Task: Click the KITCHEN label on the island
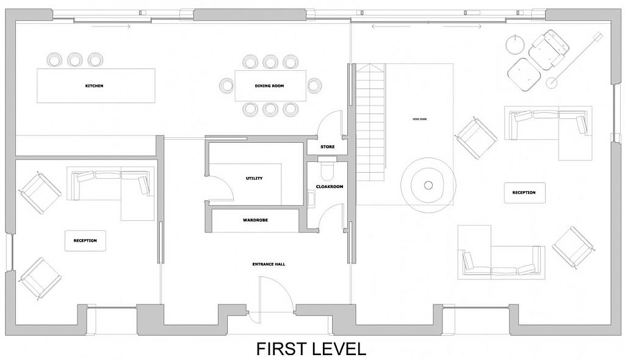[x=94, y=85]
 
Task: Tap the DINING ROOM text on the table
[x=269, y=85]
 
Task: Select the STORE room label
[x=328, y=146]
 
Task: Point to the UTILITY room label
[x=255, y=178]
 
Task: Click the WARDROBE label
[x=256, y=220]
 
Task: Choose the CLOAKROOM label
[x=329, y=187]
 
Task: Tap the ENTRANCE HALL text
[x=269, y=264]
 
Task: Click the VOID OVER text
[x=419, y=119]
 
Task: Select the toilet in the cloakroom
[x=328, y=170]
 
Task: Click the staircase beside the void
[x=370, y=123]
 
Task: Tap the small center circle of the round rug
[x=428, y=185]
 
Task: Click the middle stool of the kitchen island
[x=74, y=60]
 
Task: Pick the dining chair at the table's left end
[x=226, y=85]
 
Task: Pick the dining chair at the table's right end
[x=314, y=85]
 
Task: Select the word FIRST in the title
[x=281, y=348]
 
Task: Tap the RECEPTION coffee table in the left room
[x=85, y=241]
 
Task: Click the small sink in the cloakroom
[x=311, y=198]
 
